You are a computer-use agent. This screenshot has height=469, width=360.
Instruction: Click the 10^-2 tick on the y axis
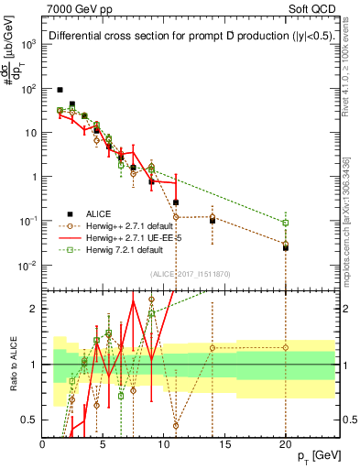(x=28, y=266)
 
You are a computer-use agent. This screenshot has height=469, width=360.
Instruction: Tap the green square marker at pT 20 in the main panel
(x=285, y=223)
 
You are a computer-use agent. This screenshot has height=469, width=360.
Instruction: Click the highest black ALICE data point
(x=60, y=90)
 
